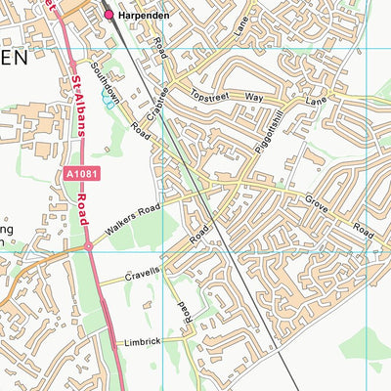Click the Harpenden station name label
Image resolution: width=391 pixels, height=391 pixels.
pyautogui.click(x=146, y=16)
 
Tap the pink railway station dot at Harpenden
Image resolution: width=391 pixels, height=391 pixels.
pyautogui.click(x=109, y=16)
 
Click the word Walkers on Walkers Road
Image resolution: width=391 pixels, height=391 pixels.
pyautogui.click(x=121, y=226)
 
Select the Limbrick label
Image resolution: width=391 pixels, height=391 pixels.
pyautogui.click(x=142, y=342)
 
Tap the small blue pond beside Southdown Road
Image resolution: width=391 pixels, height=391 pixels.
pyautogui.click(x=108, y=101)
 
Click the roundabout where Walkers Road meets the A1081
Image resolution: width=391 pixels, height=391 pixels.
pyautogui.click(x=88, y=247)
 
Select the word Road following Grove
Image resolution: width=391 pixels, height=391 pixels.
pyautogui.click(x=363, y=233)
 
